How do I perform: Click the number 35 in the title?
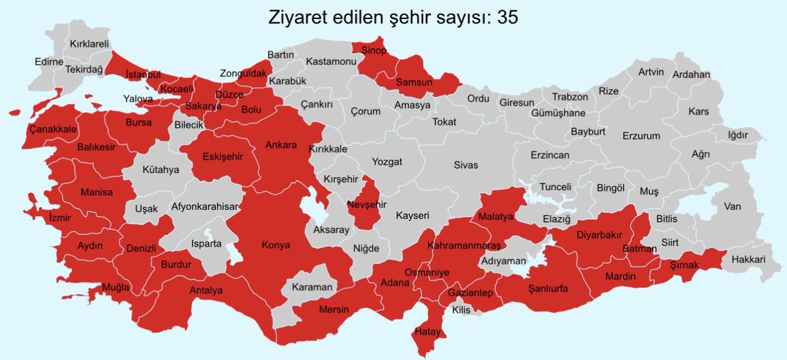[507, 18]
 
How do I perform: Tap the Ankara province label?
[281, 145]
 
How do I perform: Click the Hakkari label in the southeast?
[748, 260]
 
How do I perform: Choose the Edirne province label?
[49, 62]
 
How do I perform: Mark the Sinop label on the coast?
[374, 50]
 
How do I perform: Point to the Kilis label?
[461, 310]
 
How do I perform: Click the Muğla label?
[115, 287]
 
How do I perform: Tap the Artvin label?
[651, 71]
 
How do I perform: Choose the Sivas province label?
[466, 165]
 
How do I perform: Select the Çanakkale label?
[53, 129]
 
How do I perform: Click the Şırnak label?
[685, 265]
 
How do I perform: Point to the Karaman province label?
[313, 287]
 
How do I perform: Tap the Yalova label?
[138, 99]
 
